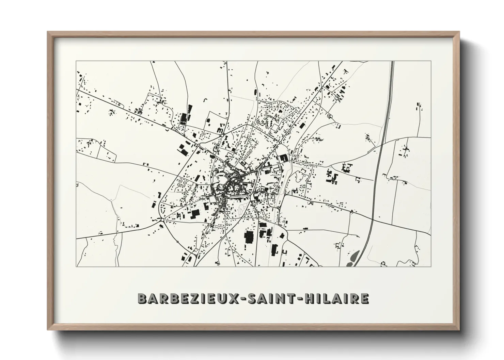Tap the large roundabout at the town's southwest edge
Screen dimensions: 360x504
pyautogui.click(x=162, y=220)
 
